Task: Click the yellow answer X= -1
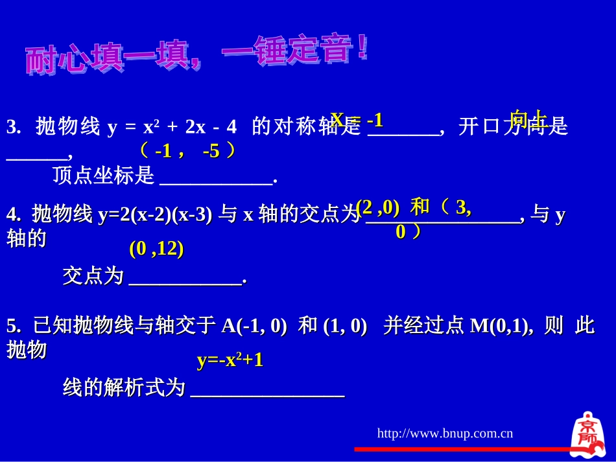357,119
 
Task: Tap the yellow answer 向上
528,118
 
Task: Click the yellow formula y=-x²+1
230,360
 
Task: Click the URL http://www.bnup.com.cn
445,433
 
